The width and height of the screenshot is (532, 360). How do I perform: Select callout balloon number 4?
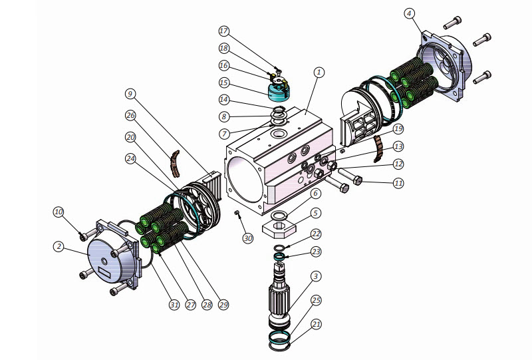[410, 13]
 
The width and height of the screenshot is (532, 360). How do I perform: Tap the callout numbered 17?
[223, 31]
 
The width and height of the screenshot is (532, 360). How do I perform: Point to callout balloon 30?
[247, 238]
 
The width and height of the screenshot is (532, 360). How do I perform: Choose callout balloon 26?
[130, 116]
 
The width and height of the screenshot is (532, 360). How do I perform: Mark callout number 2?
[59, 246]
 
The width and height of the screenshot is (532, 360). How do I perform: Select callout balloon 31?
[174, 304]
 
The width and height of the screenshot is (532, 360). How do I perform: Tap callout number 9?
[130, 94]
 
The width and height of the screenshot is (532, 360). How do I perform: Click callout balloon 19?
[398, 128]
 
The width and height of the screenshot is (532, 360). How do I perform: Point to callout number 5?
[316, 213]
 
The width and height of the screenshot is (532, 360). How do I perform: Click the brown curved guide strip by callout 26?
[176, 160]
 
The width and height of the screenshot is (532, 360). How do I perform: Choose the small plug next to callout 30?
[237, 213]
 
